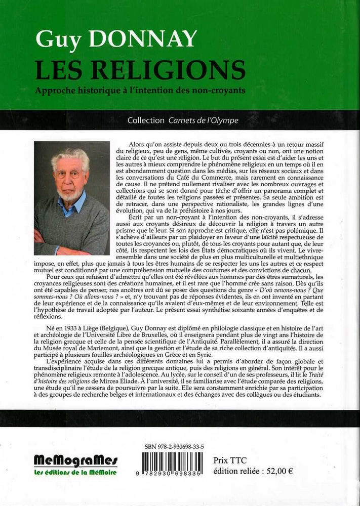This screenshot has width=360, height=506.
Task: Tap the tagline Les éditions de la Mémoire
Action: coord(75,472)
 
